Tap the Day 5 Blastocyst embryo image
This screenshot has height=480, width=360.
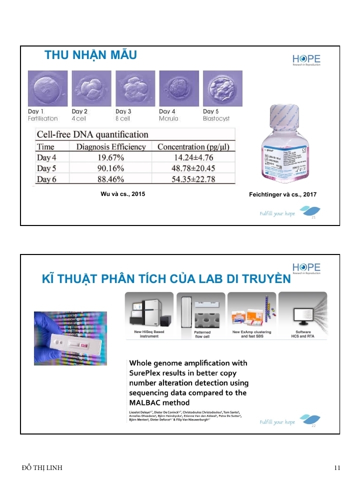[x=222, y=88]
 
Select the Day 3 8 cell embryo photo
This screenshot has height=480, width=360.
[x=135, y=88]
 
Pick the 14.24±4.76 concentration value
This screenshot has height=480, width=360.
[x=193, y=157]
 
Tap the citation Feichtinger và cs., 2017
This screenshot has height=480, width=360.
[x=282, y=194]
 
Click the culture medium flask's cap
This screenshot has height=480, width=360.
[x=284, y=114]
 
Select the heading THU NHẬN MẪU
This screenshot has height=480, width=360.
[x=90, y=55]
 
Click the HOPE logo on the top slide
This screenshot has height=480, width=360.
[x=306, y=59]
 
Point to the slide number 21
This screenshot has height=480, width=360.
[x=313, y=218]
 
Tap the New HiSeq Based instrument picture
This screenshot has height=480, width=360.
[x=148, y=311]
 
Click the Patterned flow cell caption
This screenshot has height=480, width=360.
[x=202, y=334]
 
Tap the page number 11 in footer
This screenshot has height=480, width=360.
[x=337, y=467]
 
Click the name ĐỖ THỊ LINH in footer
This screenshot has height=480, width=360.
[x=42, y=467]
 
